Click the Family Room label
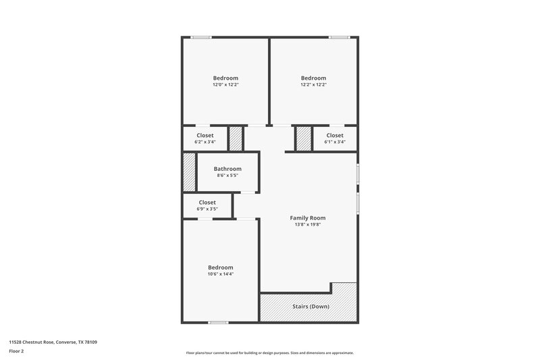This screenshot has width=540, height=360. coord(308,217)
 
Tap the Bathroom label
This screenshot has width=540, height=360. coord(227,169)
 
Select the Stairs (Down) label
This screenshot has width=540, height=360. coord(310,306)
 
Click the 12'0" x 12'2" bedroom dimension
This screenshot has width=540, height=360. coord(225,84)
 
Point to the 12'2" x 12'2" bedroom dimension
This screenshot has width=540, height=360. coord(313,84)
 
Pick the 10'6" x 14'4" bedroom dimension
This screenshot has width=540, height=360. coord(221,274)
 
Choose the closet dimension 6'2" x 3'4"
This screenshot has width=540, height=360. coord(205,142)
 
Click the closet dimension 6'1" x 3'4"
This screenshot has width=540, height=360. coord(335,142)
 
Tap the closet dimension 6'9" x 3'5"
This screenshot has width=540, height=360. coord(207,209)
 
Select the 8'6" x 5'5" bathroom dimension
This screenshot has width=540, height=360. coord(227,176)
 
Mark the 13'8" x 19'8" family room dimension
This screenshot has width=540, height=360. coord(308,224)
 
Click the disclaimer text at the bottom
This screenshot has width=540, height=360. coord(269,353)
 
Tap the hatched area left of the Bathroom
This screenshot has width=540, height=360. coord(188,174)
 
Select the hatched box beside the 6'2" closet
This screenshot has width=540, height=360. coord(236,138)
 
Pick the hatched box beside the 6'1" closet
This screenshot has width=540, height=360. coord(303,138)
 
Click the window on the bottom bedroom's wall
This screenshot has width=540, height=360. coord(218,322)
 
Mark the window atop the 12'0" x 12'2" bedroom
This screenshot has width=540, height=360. coord(200,37)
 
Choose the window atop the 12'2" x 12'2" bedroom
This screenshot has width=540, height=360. coord(339,37)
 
